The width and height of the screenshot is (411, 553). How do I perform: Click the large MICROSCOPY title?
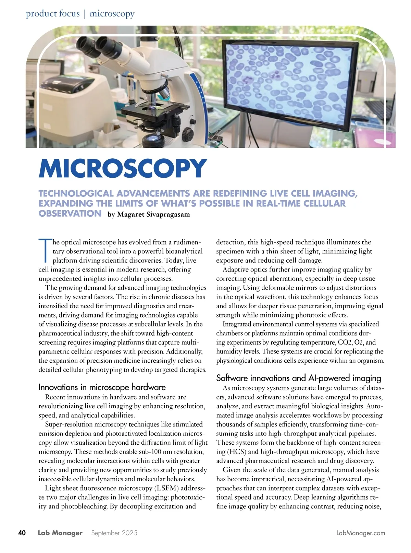coord(123,168)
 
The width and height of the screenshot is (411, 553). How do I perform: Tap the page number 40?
coord(22,533)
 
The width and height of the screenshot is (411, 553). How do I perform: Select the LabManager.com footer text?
coord(361,533)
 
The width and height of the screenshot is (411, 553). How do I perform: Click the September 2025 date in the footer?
coord(114,533)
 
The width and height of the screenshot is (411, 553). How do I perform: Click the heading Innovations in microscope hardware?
coord(102,387)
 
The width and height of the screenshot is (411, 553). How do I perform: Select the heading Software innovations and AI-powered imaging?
coord(298,378)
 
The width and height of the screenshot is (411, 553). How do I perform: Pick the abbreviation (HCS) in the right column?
coord(236,452)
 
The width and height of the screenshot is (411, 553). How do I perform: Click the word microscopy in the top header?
coord(112,14)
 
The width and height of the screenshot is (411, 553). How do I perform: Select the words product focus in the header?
coord(53,14)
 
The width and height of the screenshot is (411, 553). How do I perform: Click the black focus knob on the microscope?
coord(188,132)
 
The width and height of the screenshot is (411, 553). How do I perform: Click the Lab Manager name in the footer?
coord(60,533)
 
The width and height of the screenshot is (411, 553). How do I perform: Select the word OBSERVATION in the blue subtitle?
coord(70,214)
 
